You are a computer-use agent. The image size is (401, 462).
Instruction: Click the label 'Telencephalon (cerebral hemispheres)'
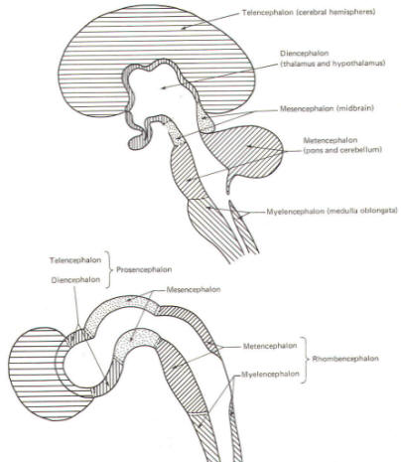click(309, 13)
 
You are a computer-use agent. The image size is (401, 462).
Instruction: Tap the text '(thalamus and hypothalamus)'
click(333, 64)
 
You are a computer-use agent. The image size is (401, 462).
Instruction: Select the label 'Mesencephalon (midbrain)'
click(327, 108)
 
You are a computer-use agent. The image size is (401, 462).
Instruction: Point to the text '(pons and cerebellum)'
click(342, 150)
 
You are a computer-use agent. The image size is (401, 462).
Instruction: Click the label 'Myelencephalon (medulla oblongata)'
click(332, 211)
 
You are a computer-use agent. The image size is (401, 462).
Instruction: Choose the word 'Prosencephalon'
click(144, 269)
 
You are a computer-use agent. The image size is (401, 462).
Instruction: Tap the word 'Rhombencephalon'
click(345, 359)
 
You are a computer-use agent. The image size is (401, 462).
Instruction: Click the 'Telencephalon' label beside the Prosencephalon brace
click(75, 260)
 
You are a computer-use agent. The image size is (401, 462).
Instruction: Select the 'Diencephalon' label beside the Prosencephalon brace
click(75, 280)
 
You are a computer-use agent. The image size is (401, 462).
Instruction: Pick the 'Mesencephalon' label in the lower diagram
click(194, 289)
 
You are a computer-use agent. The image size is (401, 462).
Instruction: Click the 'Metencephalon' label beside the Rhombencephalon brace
click(270, 346)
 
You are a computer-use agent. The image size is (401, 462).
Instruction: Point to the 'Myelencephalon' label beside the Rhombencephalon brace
click(270, 375)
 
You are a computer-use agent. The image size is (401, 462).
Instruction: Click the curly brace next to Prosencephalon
click(107, 269)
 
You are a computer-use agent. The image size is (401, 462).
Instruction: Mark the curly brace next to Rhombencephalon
click(305, 360)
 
